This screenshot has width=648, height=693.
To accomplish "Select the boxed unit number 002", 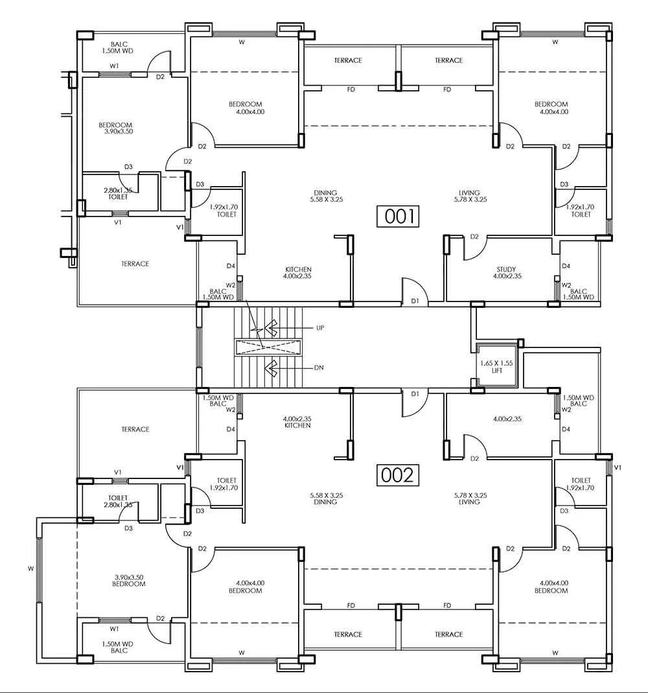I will (397, 475).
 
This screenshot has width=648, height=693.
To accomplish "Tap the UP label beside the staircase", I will (319, 328).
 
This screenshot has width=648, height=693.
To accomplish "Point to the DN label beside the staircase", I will (318, 368).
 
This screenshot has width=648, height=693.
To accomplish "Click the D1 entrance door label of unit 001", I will (415, 301).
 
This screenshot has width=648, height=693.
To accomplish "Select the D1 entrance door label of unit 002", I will (415, 393).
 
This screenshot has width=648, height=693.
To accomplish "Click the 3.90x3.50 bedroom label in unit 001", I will (115, 128).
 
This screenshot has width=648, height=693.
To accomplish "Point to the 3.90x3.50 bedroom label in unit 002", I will (128, 580).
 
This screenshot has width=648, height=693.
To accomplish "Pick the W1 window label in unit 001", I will (114, 65).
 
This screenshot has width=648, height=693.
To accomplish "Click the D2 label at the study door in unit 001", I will (474, 237).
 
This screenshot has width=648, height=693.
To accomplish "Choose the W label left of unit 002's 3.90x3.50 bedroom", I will (30, 569).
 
